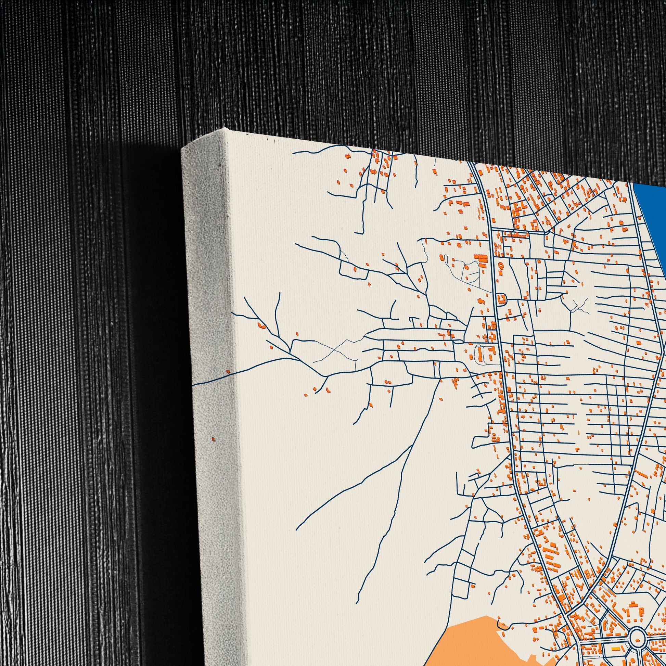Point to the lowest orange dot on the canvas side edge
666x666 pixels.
click(213, 439)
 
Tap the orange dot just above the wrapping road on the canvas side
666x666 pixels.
click(228, 371)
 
